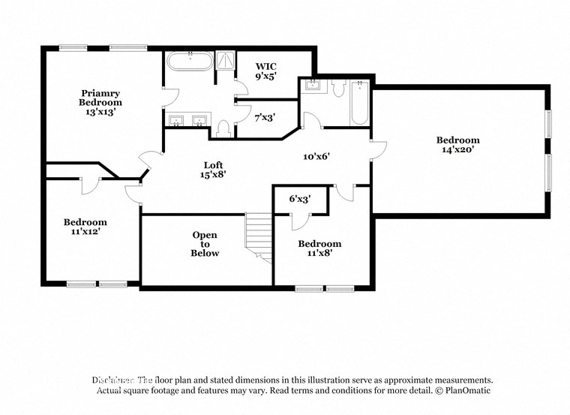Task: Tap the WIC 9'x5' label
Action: click(266, 71)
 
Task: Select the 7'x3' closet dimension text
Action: click(265, 118)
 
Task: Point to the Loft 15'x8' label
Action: click(214, 170)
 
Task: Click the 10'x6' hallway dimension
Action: click(316, 157)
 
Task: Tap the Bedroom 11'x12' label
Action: click(85, 227)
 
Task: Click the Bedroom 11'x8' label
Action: click(319, 248)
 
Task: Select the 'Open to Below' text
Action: click(205, 244)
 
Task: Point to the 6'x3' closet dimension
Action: click(300, 199)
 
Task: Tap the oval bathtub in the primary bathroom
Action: click(188, 61)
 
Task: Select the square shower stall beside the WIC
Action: click(224, 61)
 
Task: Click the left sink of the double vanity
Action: click(176, 121)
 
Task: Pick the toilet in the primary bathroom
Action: click(223, 128)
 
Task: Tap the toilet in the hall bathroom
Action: click(337, 89)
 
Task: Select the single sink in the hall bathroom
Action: click(311, 85)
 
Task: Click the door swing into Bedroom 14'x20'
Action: click(378, 149)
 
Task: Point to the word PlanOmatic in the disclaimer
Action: click(467, 391)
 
